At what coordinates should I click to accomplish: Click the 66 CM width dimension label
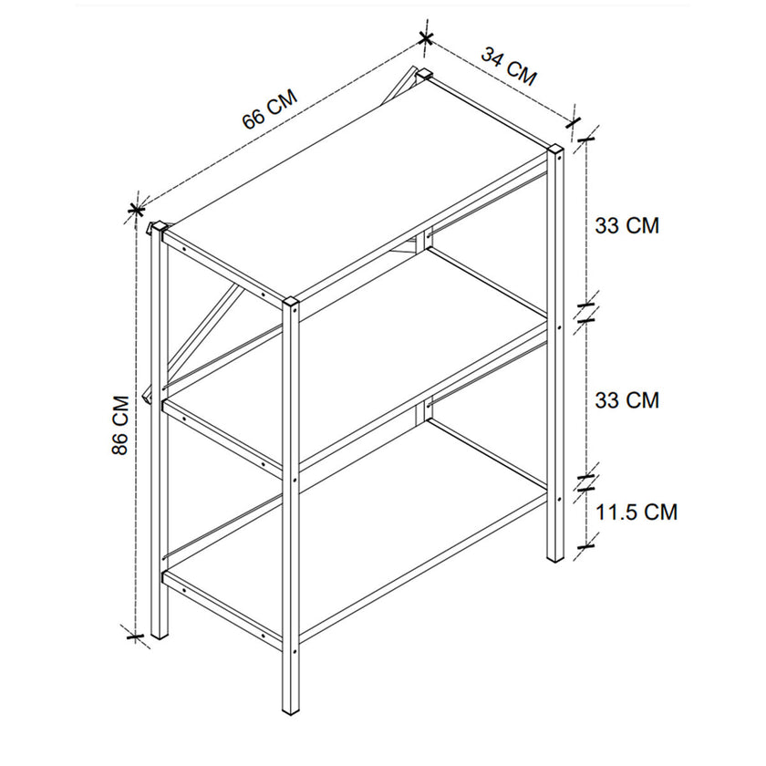pos(270,109)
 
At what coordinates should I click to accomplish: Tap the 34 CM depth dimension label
pos(510,67)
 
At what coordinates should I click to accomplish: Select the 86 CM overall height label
pos(120,425)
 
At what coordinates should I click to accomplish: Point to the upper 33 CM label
pos(626,226)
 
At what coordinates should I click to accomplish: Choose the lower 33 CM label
pos(626,400)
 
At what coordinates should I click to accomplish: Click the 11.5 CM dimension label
pos(637,512)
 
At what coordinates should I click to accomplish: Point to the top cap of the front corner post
pos(290,302)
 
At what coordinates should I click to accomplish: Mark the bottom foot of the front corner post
pos(290,711)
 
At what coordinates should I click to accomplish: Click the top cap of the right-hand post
pos(555,149)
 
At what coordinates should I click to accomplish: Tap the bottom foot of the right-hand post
pos(555,558)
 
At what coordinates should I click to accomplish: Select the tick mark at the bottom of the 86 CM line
pos(135,637)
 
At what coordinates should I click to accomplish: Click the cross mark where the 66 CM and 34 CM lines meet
pos(426,37)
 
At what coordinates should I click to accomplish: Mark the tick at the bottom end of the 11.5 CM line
pos(585,546)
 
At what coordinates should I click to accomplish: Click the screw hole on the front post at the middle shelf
pos(294,481)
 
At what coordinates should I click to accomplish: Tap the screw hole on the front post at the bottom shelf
pos(294,652)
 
